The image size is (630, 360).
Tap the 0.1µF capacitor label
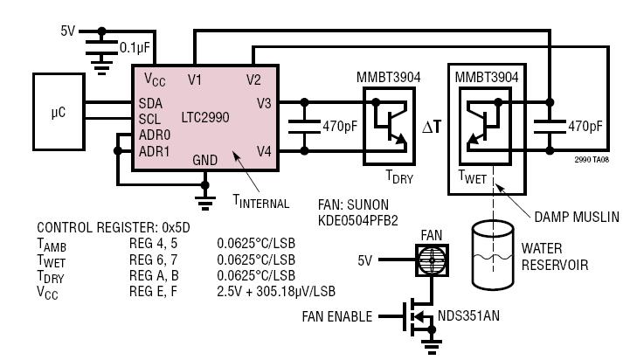(135, 48)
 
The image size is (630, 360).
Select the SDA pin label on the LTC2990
(150, 103)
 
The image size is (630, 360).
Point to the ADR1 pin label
(155, 151)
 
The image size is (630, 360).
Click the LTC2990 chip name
(205, 117)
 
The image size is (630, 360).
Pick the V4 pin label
(264, 151)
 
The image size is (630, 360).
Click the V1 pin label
(195, 80)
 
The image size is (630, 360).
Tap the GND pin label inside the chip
(205, 160)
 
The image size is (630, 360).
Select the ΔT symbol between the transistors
(432, 127)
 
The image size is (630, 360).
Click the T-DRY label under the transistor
(399, 177)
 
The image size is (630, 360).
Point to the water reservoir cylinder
(493, 255)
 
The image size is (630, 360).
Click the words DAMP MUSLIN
(577, 217)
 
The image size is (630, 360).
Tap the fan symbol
(432, 260)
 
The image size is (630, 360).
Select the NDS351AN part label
(469, 315)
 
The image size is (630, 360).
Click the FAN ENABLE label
(337, 316)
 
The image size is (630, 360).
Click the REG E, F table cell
(153, 291)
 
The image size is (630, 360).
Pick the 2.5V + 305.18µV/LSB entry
(276, 291)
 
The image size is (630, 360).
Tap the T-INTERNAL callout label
(261, 201)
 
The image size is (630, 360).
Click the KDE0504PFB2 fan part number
(357, 220)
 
